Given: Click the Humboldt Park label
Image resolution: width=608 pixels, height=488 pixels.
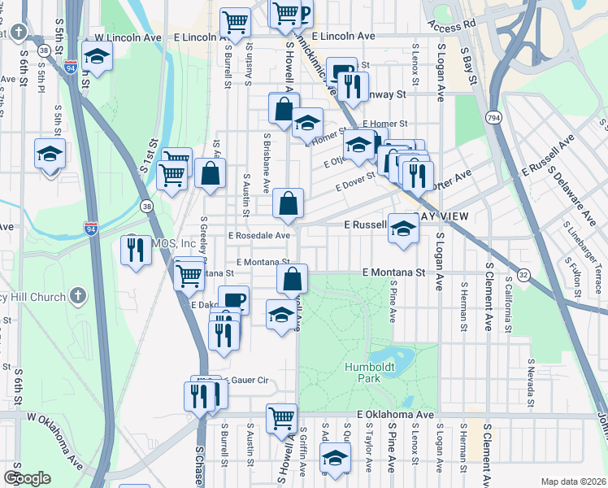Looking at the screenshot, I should (363, 373).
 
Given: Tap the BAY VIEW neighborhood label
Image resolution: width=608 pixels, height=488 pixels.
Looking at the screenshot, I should (440, 216).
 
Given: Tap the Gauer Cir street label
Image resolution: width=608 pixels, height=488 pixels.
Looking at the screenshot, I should (249, 380).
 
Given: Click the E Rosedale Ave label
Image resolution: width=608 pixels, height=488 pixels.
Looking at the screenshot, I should (259, 235).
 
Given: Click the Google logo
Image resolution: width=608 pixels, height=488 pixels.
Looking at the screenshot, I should (27, 478).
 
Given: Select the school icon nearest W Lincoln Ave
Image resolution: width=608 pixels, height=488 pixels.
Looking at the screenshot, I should (97, 57).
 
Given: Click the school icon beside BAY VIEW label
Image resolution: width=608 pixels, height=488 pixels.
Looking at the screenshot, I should (402, 228).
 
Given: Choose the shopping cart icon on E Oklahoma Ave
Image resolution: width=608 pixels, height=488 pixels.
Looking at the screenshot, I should (281, 418).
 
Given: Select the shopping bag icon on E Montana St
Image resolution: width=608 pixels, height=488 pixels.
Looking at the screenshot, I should (292, 278).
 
